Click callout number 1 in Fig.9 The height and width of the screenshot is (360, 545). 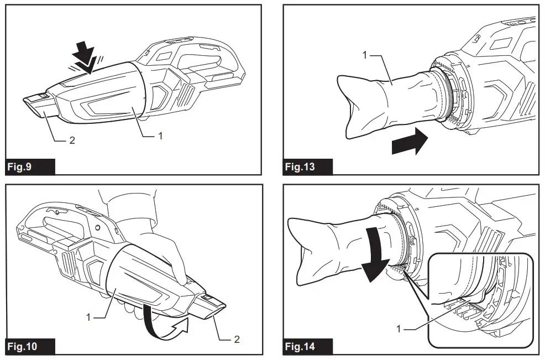click(x=160, y=134)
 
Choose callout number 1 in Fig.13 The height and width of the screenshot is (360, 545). click(x=364, y=56)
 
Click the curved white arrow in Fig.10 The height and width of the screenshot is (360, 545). click(x=164, y=320)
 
